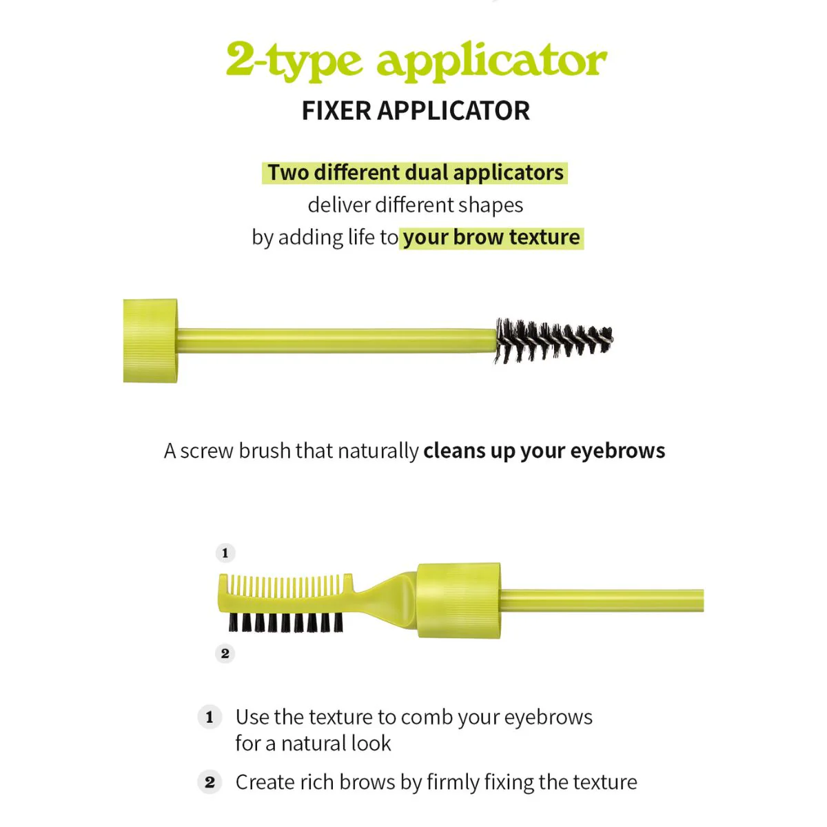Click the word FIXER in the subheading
point(336,111)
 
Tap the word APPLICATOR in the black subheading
point(453,111)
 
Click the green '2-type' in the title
point(294,60)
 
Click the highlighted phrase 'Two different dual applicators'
point(415,173)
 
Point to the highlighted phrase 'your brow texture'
point(491,237)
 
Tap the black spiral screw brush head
point(553,340)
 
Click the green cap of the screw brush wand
point(150,340)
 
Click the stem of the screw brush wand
point(336,340)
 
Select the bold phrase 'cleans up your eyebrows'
point(544,451)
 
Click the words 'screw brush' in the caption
point(236,451)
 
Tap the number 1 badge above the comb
point(225,553)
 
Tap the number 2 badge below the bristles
point(225,653)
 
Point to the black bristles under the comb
point(285,622)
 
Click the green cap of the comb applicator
point(458,600)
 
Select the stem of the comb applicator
point(602,600)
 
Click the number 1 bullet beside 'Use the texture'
point(210,717)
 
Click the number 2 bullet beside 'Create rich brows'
point(210,782)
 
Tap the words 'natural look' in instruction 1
point(336,744)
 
